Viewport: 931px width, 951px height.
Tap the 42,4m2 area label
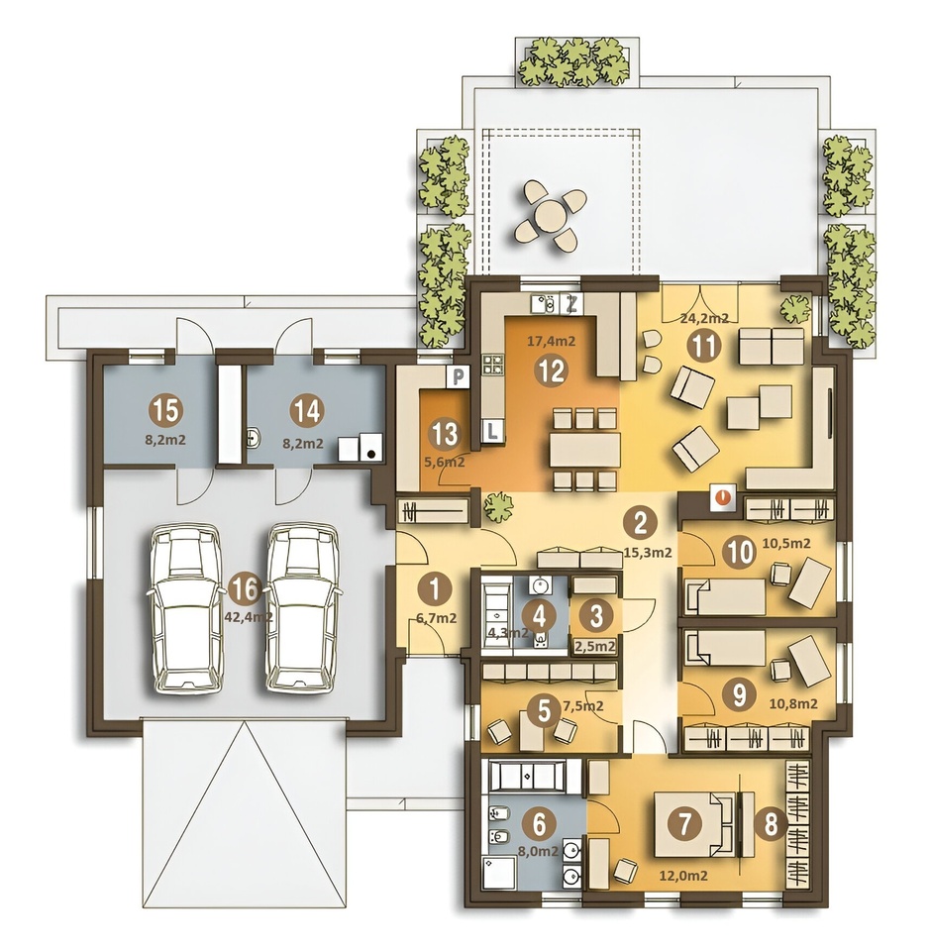point(247,617)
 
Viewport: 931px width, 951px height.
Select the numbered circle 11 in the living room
point(705,347)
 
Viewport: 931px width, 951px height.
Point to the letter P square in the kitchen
point(460,376)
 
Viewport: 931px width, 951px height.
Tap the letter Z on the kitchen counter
point(570,304)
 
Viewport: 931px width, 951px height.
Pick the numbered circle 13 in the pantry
point(445,434)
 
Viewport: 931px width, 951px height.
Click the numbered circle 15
point(166,411)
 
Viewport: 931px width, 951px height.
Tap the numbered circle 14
point(307,411)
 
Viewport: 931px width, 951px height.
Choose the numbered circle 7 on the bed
point(684,824)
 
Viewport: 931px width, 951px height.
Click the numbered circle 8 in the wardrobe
point(771,825)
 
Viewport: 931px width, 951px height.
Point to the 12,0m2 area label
point(683,876)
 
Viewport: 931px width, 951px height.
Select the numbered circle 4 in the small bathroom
point(541,615)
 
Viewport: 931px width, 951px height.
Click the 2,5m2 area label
point(595,647)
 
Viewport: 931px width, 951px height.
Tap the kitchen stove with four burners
point(492,364)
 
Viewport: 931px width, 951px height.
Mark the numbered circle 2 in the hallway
point(641,523)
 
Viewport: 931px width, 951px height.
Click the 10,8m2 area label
point(793,704)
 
